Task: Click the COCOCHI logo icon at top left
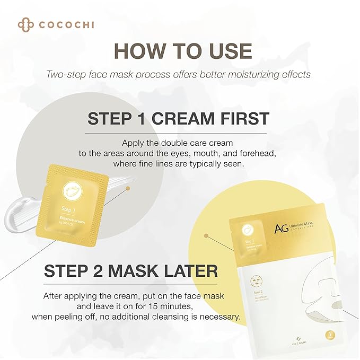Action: point(24,25)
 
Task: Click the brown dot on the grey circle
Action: point(127,188)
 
